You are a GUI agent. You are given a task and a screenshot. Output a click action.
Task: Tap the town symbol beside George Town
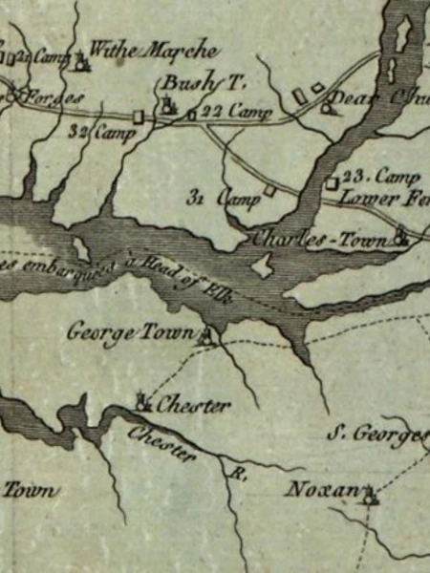tap(207, 335)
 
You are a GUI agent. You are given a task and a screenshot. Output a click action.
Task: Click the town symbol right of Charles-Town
tap(402, 239)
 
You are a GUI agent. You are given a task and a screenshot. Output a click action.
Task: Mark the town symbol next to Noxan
tap(370, 496)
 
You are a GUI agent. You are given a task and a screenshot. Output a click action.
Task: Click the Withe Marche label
tap(154, 51)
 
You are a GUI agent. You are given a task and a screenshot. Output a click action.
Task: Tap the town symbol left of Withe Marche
tap(82, 63)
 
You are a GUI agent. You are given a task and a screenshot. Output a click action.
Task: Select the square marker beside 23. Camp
tap(331, 181)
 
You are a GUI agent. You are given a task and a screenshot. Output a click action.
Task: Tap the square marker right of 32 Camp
tap(138, 117)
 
